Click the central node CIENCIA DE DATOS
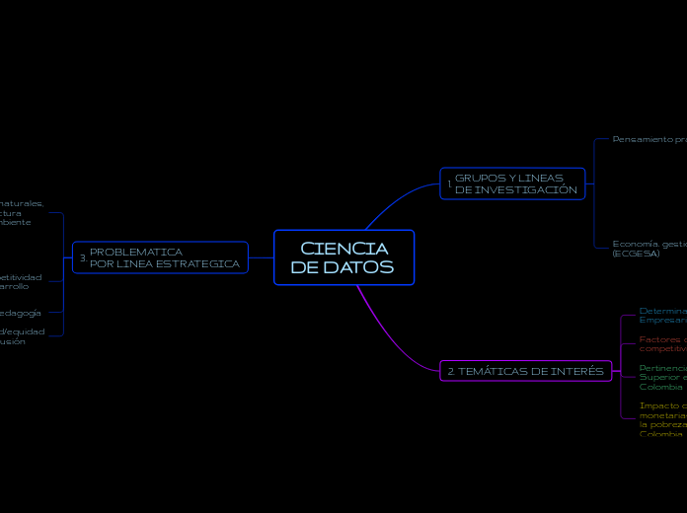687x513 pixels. click(x=343, y=257)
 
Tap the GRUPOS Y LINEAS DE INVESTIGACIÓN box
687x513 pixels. click(x=512, y=183)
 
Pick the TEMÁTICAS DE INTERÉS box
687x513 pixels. click(x=524, y=371)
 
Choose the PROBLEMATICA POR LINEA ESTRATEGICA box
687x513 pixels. click(x=160, y=257)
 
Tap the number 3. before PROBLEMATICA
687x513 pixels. click(x=83, y=258)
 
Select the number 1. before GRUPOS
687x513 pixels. click(x=449, y=184)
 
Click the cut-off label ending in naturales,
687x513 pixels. click(x=22, y=203)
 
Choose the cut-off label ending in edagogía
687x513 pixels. click(x=20, y=312)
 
